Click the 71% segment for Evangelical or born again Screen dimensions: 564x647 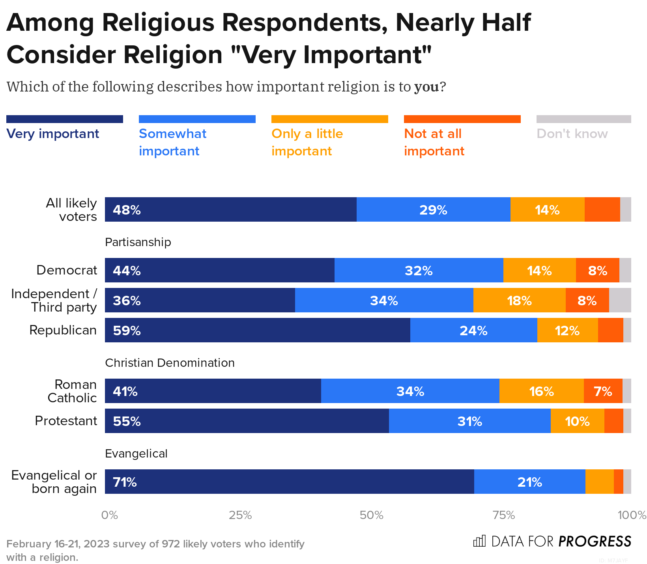click(289, 482)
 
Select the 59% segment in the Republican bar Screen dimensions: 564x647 click(257, 330)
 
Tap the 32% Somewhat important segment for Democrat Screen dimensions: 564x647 click(419, 271)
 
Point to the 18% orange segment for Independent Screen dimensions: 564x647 click(519, 301)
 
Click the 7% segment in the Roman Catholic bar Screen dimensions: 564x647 click(603, 391)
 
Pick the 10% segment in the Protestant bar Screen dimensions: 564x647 click(577, 421)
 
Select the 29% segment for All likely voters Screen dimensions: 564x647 click(433, 209)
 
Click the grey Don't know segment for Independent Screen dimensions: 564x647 click(620, 301)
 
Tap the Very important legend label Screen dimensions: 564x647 click(52, 134)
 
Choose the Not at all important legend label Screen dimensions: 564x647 click(434, 142)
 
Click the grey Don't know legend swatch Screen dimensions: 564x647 click(583, 119)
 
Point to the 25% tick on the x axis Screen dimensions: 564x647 click(240, 515)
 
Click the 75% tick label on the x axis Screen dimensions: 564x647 click(504, 515)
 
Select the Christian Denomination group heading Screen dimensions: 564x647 click(170, 363)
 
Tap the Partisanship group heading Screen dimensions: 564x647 click(138, 242)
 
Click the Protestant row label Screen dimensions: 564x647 click(66, 421)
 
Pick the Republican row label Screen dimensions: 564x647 click(63, 330)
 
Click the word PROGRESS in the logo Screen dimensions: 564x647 click(595, 542)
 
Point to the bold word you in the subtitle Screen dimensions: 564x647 click(426, 87)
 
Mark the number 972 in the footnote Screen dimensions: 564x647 click(171, 544)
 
